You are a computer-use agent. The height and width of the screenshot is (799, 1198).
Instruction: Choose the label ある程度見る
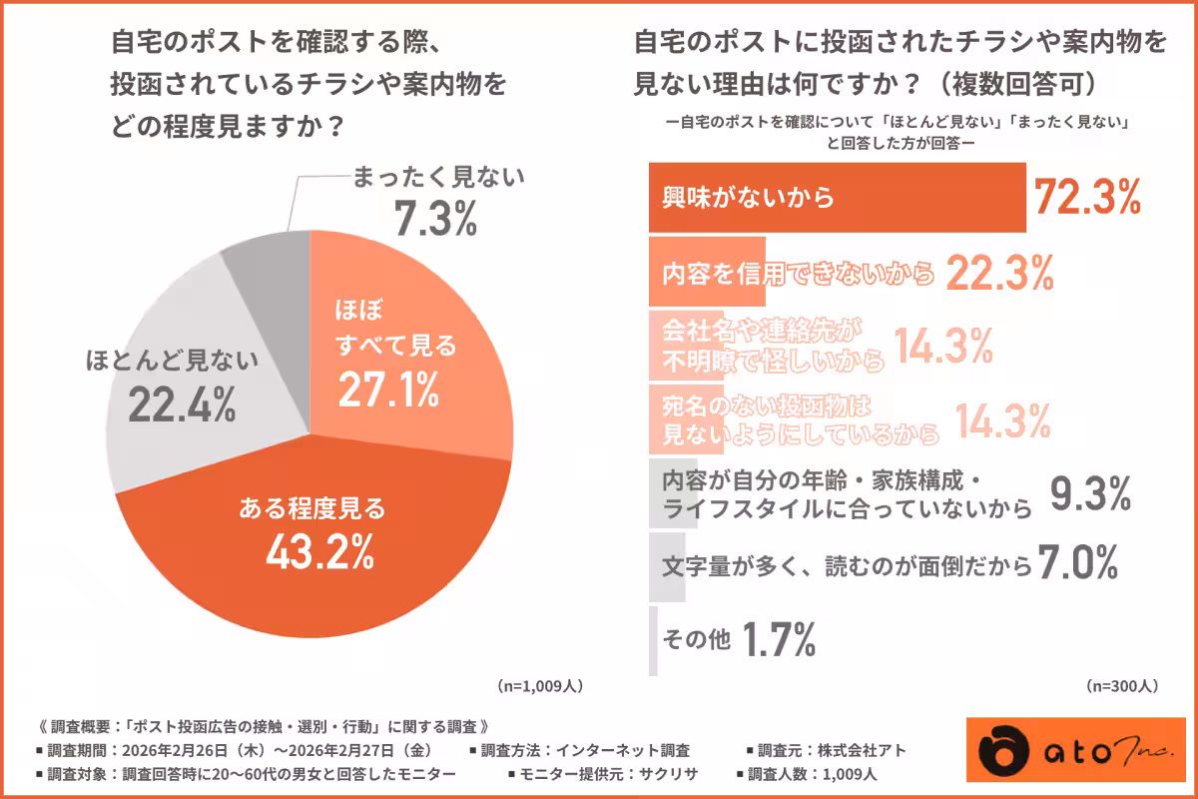[311, 508]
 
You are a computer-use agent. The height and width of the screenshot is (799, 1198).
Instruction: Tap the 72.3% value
[1086, 198]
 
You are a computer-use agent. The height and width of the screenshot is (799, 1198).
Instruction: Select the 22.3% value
[998, 272]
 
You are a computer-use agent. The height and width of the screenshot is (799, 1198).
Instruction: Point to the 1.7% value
[778, 639]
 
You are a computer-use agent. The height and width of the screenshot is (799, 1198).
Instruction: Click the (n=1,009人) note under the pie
[539, 687]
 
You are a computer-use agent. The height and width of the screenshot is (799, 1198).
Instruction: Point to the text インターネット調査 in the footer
[635, 750]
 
